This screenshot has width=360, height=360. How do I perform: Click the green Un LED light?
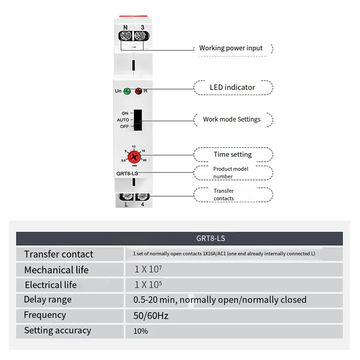coord(127,91)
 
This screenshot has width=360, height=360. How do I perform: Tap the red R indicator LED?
coord(138,91)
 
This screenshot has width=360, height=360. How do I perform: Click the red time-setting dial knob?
coord(134,156)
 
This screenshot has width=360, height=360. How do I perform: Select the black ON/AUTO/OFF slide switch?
coord(137,120)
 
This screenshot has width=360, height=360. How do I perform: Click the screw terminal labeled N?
coord(126,36)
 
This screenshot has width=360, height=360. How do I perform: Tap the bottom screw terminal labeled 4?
coord(143,197)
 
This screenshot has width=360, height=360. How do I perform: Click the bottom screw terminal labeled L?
coord(127,197)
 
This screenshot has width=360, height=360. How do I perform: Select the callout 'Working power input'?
coord(231,48)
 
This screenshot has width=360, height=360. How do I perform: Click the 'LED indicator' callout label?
coord(233,87)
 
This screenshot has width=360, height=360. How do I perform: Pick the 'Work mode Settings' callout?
coord(232,119)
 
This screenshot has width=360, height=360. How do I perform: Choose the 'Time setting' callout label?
coord(233,155)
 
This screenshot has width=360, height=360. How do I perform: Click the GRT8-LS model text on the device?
coord(127,174)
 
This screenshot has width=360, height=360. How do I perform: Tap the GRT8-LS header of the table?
coord(211,238)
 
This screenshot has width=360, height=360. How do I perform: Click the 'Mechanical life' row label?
coord(56,270)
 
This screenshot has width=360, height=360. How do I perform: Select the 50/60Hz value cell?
coord(151,316)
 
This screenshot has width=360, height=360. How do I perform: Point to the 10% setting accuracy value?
coord(141,331)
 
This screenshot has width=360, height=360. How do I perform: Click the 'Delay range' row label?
coord(48,300)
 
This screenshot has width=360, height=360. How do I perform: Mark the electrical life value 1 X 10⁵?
coord(148,285)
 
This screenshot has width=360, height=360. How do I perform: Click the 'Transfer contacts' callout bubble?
coord(233,195)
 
